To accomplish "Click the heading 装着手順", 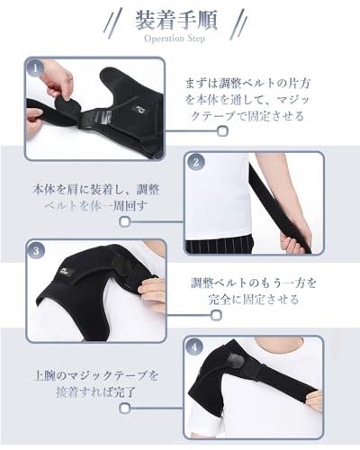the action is pos(176,20).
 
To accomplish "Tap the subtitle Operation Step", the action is pos(175,39).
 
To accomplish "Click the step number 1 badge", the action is pos(35,68).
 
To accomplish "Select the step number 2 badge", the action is pos(196,162).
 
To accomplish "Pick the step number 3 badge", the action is pos(36,250).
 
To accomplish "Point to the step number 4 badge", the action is pos(194,347).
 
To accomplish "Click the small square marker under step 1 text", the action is pos(222,131).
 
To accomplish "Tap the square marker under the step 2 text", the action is pos(125,221).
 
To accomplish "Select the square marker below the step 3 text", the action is pos(216,315).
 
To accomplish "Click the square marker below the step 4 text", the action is pos(125,408).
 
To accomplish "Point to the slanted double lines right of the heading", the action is pos(238,24).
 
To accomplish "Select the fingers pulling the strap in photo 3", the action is pos(152,289).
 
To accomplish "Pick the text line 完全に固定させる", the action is pos(254,300).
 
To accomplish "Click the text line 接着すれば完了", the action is pos(96,392).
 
